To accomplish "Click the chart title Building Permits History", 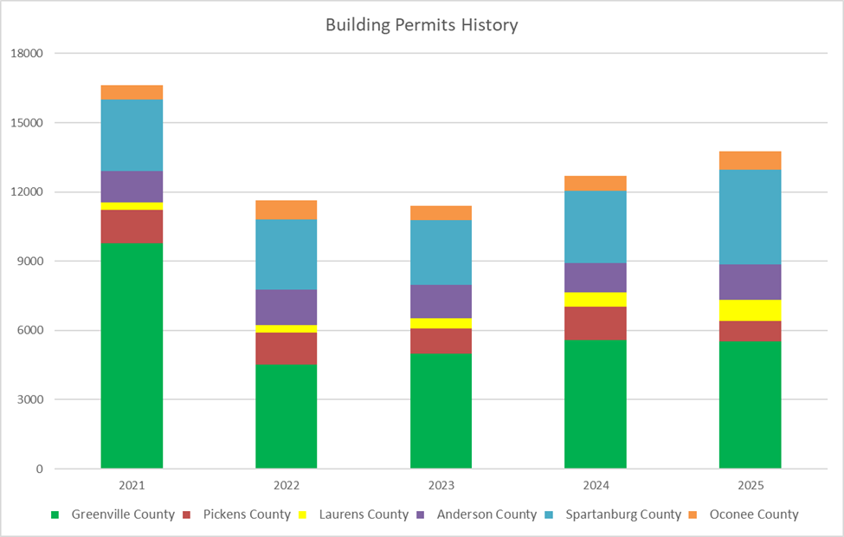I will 422,25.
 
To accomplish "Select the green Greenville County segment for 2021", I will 132,355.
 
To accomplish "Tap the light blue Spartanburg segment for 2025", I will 750,217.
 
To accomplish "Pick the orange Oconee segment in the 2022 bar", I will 286,210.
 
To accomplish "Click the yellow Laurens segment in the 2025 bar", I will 750,310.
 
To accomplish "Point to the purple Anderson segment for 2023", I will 441,301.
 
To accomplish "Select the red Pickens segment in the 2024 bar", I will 595,323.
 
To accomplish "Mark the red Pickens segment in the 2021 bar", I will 132,226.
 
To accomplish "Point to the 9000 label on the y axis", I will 29,262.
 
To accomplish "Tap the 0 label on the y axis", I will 39,469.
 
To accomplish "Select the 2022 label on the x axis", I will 286,486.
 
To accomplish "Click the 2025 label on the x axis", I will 750,486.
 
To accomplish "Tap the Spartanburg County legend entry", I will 623,514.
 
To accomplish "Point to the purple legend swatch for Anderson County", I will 422,514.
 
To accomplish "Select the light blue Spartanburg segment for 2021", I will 132,135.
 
